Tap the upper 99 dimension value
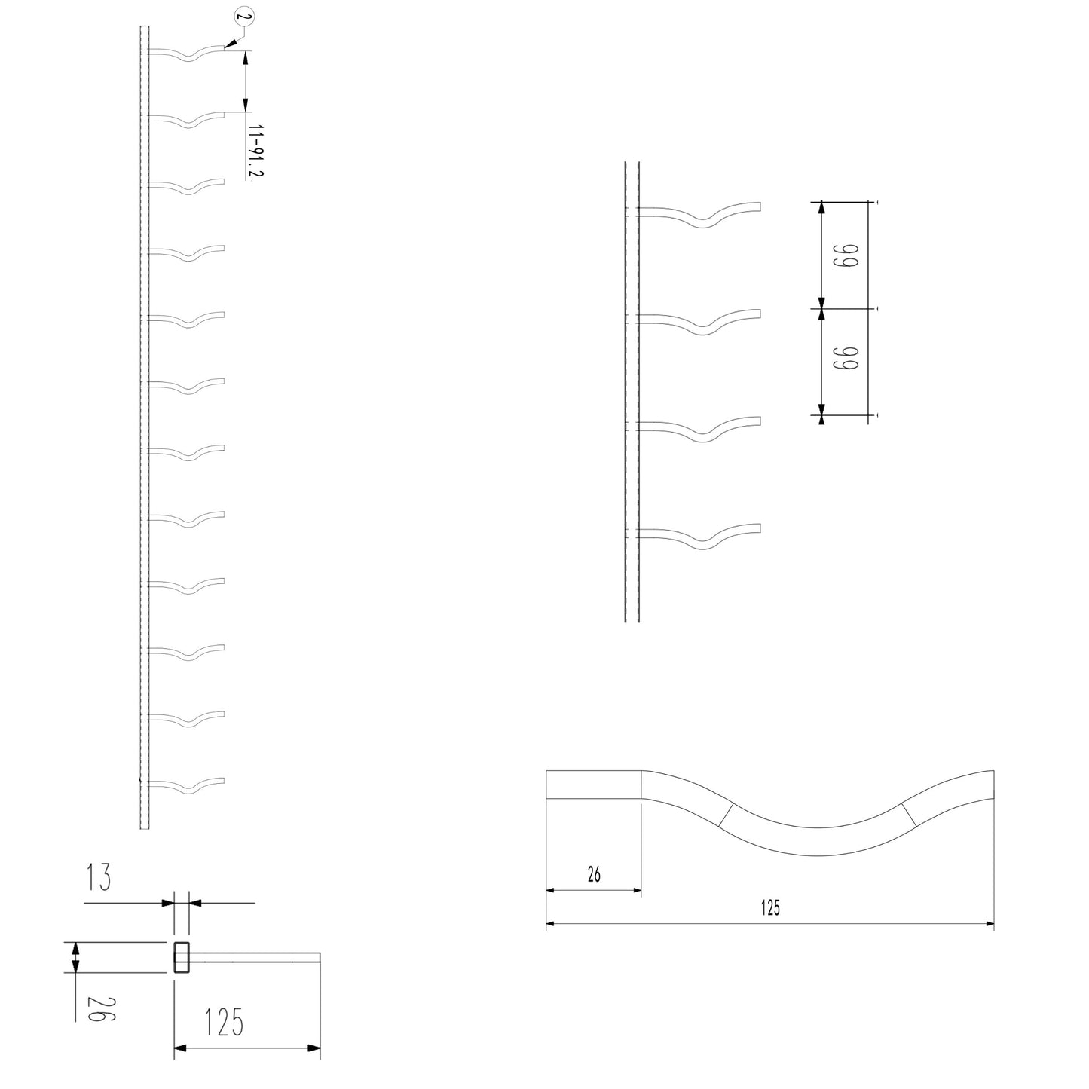click(845, 255)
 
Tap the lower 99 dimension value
click(845, 361)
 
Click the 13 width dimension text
click(99, 877)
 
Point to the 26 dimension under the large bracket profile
click(594, 874)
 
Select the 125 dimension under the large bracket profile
click(770, 908)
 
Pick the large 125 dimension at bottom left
click(224, 1023)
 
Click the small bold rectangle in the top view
click(182, 957)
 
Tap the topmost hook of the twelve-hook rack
click(188, 54)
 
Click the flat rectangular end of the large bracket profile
click(593, 784)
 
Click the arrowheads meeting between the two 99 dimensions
click(821, 308)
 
